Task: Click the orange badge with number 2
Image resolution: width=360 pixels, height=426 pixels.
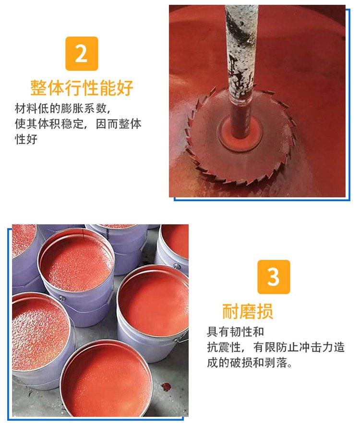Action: [x=82, y=53]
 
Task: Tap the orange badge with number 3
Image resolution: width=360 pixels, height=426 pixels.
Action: [x=274, y=277]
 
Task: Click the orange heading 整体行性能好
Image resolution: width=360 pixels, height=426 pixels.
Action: [x=82, y=88]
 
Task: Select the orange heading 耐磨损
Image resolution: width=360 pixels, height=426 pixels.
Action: [x=248, y=311]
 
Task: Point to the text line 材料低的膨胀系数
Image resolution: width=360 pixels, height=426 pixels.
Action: [x=63, y=109]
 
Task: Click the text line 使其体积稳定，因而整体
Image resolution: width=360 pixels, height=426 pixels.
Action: [x=78, y=124]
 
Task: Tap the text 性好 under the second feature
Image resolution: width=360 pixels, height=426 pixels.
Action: [x=26, y=139]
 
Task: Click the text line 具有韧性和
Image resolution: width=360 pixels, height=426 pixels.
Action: [x=235, y=331]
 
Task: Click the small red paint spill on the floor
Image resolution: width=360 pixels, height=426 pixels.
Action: [x=166, y=386]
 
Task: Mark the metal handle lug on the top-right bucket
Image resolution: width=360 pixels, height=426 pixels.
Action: [x=177, y=266]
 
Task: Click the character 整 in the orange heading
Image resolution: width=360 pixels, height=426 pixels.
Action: [x=38, y=88]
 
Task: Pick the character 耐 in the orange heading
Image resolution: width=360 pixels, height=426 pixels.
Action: [x=230, y=311]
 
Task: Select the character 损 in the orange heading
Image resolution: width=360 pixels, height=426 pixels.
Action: [x=264, y=311]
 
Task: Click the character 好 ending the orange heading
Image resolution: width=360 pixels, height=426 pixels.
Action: [x=125, y=88]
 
